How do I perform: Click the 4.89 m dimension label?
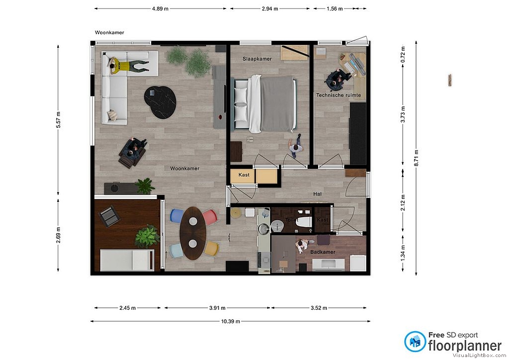click(x=160, y=9)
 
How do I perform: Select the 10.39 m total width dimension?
click(x=231, y=321)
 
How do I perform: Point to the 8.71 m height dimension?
click(x=416, y=158)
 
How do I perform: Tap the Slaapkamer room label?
click(x=257, y=59)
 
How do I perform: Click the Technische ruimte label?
click(x=339, y=95)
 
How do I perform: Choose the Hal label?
click(x=318, y=194)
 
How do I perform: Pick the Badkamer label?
click(x=323, y=252)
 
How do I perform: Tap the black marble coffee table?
click(x=160, y=102)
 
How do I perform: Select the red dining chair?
click(x=210, y=216)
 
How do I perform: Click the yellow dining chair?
click(x=211, y=249)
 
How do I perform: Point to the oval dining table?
click(x=193, y=233)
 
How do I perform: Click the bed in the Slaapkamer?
click(x=263, y=104)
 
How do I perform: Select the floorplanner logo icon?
click(x=415, y=342)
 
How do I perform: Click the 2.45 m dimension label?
click(x=127, y=308)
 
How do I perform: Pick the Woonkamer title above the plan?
click(x=109, y=32)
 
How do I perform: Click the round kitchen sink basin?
click(x=277, y=225)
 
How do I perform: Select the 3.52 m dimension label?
click(x=319, y=308)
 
